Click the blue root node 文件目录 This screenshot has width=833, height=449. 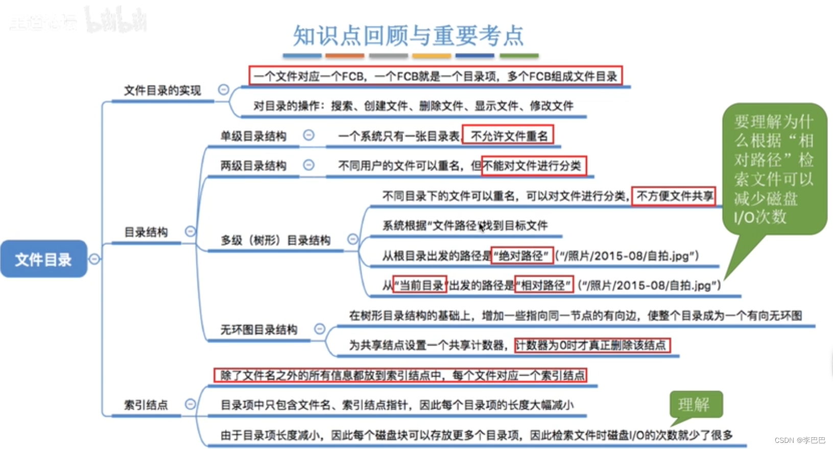pos(43,259)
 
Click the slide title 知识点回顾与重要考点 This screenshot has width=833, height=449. pos(408,36)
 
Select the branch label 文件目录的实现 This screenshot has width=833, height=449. pos(162,91)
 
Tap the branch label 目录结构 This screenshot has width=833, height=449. pos(146,232)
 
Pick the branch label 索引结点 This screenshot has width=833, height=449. pos(146,405)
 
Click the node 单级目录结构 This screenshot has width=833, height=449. pos(253,136)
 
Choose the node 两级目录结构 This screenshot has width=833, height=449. pos(253,166)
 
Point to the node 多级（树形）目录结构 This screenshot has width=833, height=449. pos(275,240)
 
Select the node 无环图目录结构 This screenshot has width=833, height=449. pos(258,330)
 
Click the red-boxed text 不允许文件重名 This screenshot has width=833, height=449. pos(508,136)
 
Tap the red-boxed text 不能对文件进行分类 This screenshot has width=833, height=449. pos(534,166)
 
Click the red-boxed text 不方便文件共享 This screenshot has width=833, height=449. pos(674,196)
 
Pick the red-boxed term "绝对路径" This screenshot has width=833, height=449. pos(522,256)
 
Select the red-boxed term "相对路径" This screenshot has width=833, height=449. pos(544,285)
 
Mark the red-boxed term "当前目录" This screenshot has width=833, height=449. pos(420,285)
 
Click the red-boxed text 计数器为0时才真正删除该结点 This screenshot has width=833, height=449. pos(592,345)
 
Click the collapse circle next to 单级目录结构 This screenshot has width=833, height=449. pos(308,135)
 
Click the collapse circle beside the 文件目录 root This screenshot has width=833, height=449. pos(94,259)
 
